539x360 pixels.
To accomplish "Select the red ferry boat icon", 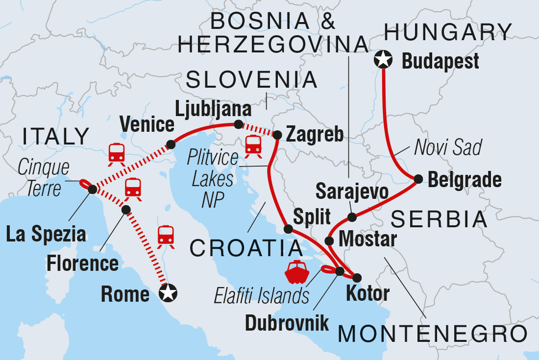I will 295,272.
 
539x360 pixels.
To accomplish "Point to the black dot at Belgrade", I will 418,179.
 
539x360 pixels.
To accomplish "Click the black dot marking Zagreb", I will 277,135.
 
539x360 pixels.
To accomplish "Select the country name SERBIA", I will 440,219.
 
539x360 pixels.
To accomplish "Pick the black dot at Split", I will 289,229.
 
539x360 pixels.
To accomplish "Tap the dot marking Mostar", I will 330,241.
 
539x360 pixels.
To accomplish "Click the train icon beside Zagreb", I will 253,145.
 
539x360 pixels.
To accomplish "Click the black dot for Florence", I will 126,210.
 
